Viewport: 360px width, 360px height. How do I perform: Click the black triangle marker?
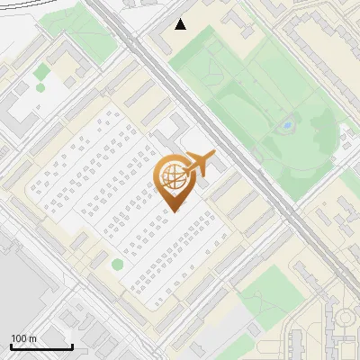pos(181,24)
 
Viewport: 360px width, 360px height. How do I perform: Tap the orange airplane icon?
pos(202,164)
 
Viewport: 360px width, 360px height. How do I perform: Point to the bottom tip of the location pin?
pos(172,212)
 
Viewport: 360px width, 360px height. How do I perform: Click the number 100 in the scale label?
pos(19,338)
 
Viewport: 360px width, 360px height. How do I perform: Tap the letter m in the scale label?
pos(32,338)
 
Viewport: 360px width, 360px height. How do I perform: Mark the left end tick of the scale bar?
pos(11,346)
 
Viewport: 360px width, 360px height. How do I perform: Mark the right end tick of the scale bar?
pos(72,346)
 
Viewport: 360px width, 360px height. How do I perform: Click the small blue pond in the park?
pos(287,126)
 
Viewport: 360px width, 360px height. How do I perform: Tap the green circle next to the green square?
pos(40,87)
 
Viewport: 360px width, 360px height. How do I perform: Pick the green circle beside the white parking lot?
pos(117,265)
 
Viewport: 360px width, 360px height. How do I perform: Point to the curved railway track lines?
pos(36,7)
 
